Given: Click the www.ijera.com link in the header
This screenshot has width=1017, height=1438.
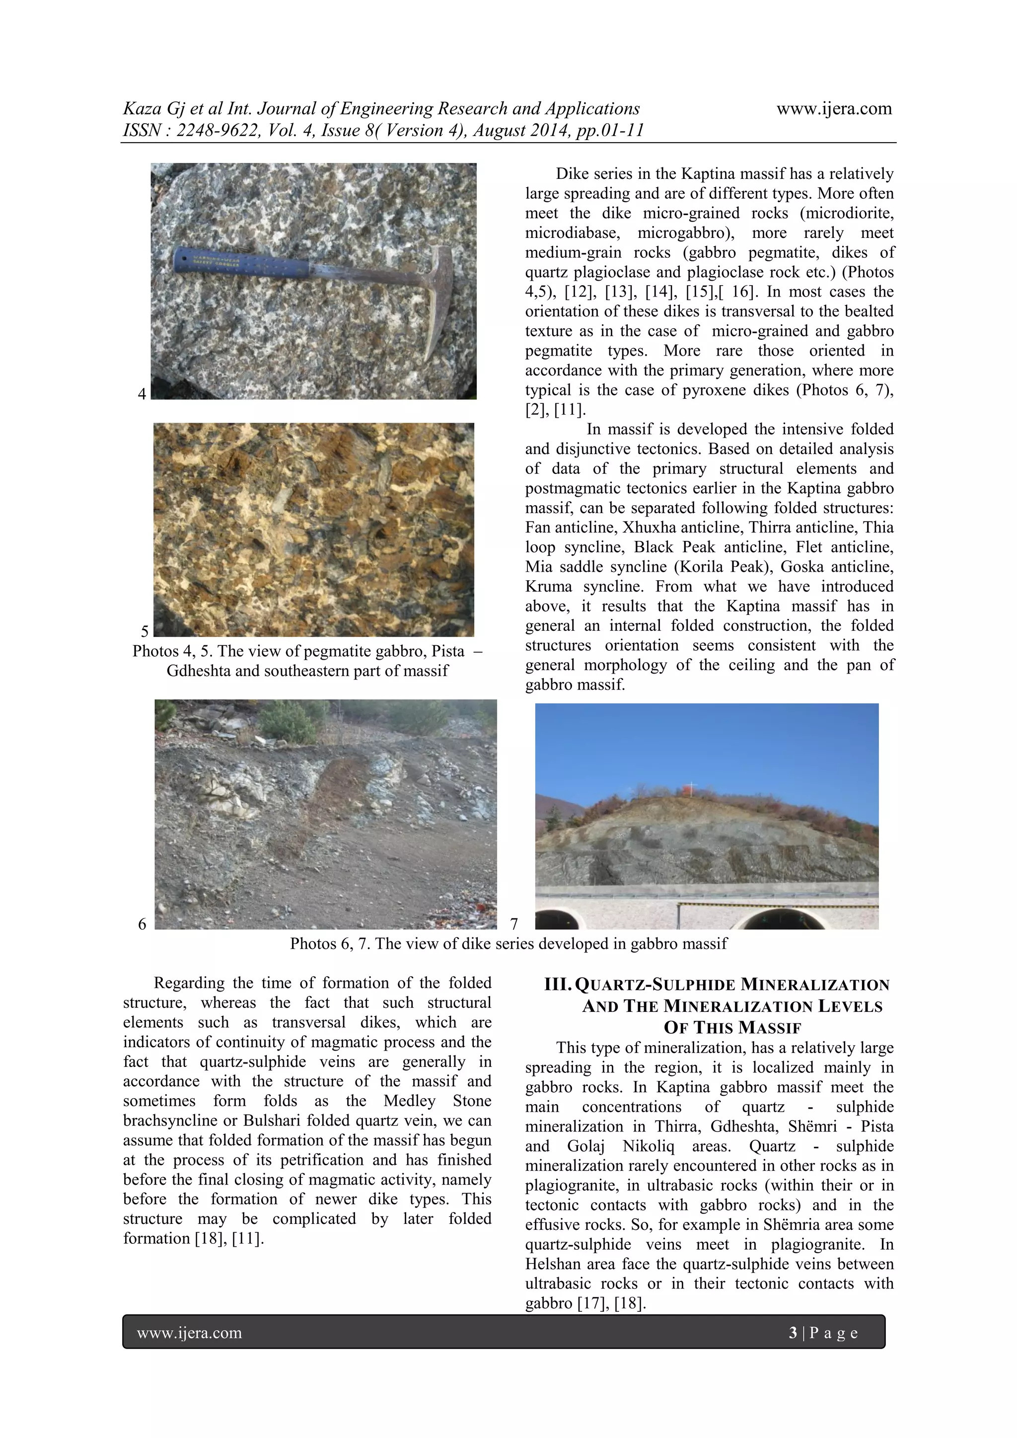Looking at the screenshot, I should pos(834,108).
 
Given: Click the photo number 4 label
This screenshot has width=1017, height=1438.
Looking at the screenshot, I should pos(142,394).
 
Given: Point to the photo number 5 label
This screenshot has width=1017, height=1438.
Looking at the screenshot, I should pos(145,631).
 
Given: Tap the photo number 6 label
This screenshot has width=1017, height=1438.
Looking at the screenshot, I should pos(142,924).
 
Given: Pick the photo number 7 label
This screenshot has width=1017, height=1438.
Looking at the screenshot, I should pos(514,924).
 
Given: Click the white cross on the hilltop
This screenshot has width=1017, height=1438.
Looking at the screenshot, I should pos(691,787).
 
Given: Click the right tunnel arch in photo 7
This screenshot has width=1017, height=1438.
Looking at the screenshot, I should pos(777,919).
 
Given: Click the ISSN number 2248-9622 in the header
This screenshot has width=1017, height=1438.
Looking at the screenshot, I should pos(216,130).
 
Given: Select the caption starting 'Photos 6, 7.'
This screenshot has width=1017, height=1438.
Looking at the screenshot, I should pos(508,943).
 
